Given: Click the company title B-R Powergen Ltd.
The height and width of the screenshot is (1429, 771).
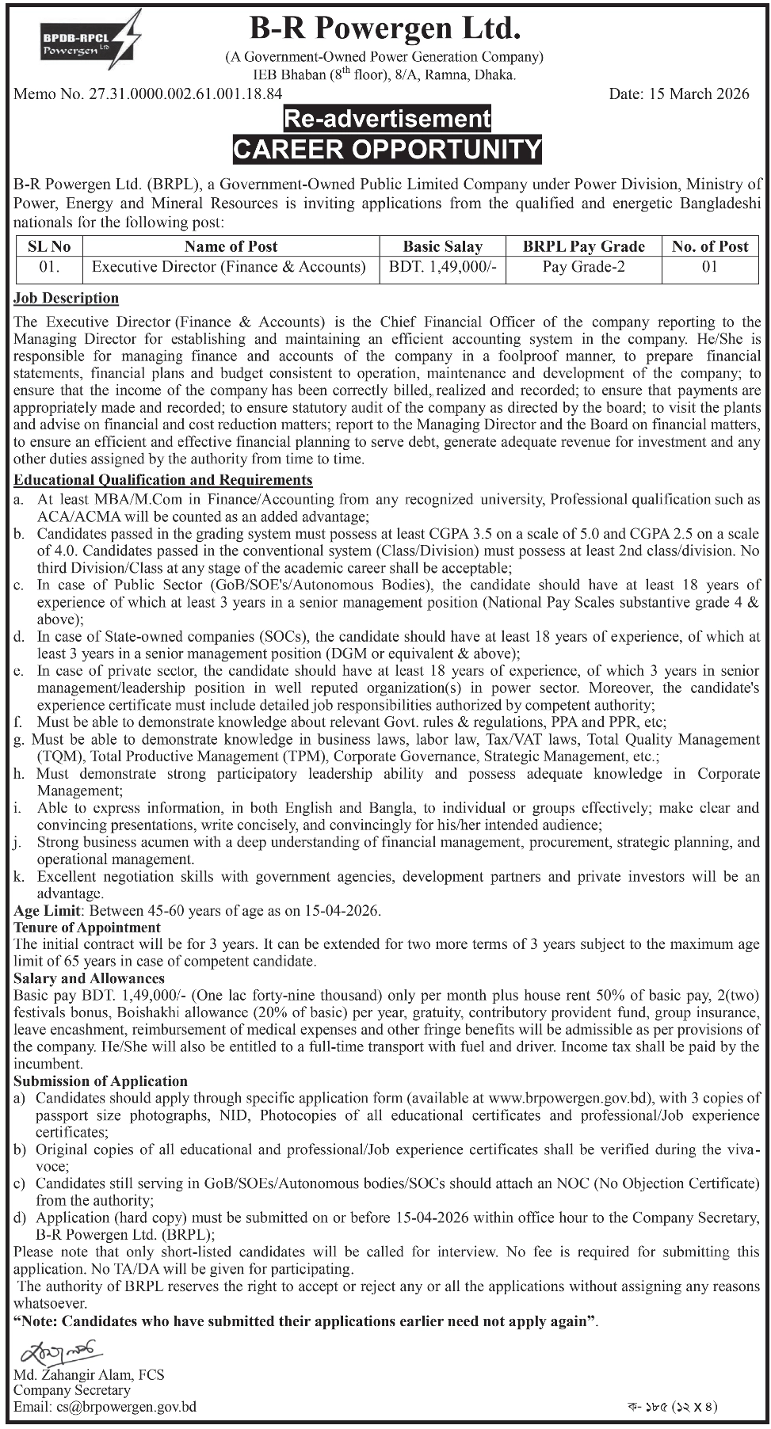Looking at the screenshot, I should click(386, 29).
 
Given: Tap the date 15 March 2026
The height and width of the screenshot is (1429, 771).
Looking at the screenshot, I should click(678, 93).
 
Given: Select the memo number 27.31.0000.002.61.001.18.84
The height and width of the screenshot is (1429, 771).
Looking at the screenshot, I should click(148, 93).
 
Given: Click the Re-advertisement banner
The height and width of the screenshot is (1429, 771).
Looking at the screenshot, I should click(387, 119).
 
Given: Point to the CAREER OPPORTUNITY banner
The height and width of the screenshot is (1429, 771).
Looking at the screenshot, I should click(387, 148).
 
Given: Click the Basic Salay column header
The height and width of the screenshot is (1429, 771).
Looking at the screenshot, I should click(442, 246).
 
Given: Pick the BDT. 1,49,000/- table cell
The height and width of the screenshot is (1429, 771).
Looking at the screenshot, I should click(442, 267).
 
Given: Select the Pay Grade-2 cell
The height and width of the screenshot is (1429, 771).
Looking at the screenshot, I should click(583, 267).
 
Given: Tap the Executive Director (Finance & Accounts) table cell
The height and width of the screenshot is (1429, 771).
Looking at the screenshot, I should click(229, 267).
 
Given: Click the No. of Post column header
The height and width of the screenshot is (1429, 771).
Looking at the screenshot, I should click(709, 246).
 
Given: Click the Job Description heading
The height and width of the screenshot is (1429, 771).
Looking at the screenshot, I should click(66, 298).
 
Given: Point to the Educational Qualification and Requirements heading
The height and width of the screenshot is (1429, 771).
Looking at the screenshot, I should click(163, 480).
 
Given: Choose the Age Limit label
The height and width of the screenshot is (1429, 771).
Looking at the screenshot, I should click(47, 910).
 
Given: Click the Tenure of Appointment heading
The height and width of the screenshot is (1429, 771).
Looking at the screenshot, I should click(87, 928).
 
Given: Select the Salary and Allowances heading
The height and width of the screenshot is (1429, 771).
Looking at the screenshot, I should click(89, 978).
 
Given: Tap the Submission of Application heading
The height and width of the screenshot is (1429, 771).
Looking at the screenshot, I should click(101, 1081).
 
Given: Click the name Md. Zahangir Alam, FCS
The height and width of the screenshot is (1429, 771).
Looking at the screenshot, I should click(89, 1374).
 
